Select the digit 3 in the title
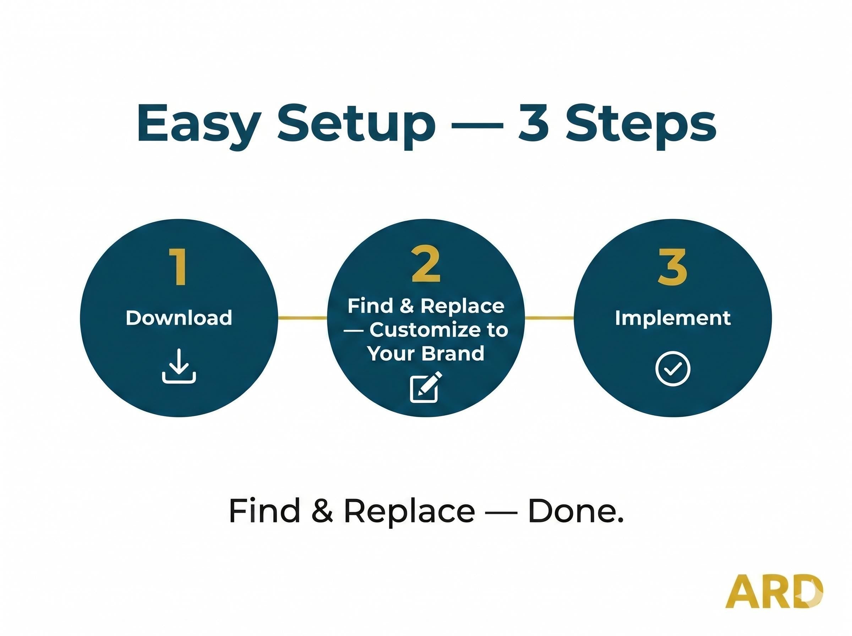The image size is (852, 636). click(534, 123)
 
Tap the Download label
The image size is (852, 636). click(179, 318)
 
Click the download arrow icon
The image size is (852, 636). click(179, 366)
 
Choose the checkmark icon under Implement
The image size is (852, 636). click(673, 368)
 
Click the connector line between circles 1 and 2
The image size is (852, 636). click(302, 318)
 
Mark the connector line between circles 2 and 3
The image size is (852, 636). click(549, 318)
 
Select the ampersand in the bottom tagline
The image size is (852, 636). click(322, 511)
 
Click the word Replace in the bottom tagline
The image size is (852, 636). click(409, 512)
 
